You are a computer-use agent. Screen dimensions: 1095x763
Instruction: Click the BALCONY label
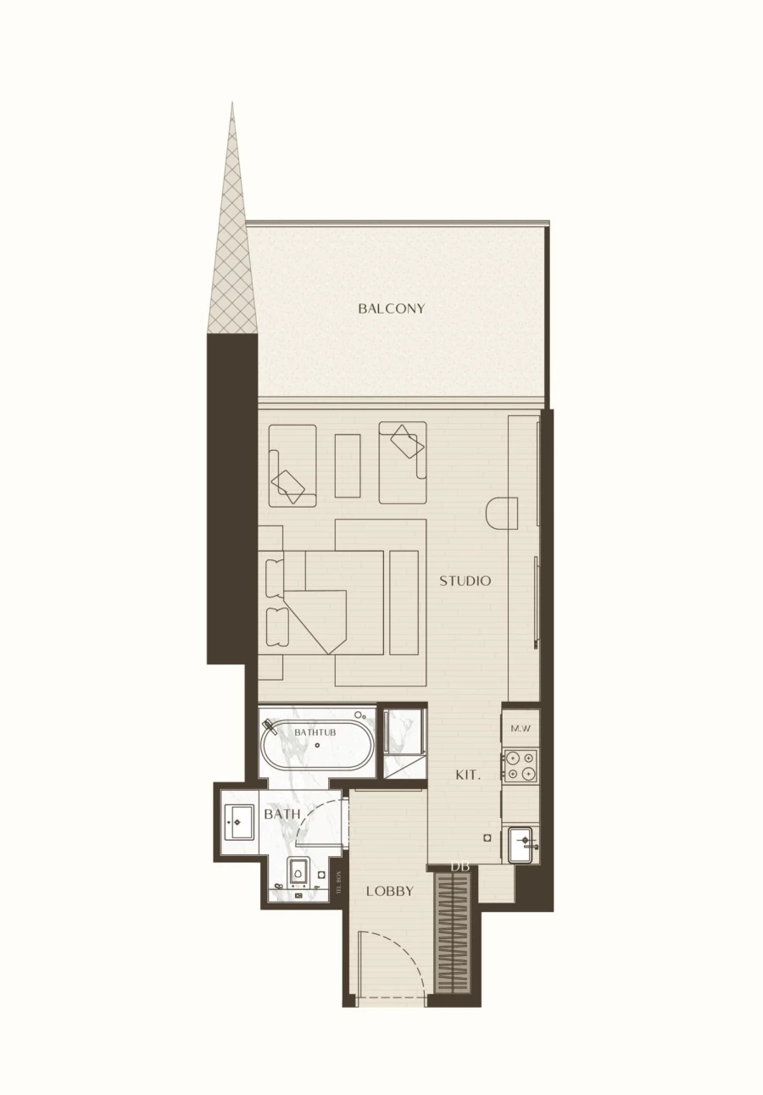point(391,308)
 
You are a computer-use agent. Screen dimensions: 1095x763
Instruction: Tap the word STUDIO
point(465,581)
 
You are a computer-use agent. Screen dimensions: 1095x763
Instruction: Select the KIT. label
point(468,775)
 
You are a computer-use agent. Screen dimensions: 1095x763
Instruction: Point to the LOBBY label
point(390,891)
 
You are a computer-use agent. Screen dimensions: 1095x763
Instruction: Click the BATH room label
point(281,814)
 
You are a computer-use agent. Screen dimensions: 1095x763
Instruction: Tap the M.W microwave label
point(520,728)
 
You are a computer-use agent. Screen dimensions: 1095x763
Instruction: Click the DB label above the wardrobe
point(460,866)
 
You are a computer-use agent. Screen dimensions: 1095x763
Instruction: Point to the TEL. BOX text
point(338,883)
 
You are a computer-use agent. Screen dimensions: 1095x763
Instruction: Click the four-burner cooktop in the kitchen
point(520,765)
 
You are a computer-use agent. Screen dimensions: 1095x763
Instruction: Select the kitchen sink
point(521,844)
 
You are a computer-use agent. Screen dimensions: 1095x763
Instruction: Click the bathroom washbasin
point(238,821)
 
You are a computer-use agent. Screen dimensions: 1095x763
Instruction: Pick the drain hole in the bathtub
point(317,746)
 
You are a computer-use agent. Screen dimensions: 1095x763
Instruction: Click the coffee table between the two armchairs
point(348,465)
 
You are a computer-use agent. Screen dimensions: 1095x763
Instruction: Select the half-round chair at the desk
point(502,514)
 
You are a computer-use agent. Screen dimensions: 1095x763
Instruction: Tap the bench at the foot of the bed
point(404,603)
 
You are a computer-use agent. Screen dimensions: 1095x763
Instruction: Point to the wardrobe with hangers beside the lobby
point(452,933)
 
